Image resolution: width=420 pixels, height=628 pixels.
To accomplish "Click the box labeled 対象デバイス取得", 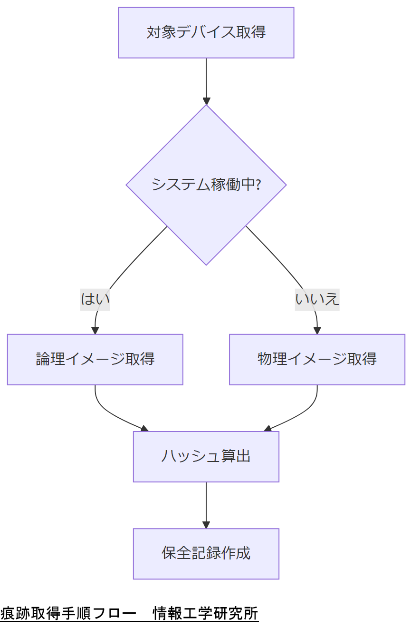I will (x=206, y=33).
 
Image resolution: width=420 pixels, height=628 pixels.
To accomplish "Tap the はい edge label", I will (x=95, y=299).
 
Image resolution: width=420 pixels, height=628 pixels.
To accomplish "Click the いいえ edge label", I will (x=317, y=299).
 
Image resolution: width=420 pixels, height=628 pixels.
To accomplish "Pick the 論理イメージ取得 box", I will (x=95, y=359).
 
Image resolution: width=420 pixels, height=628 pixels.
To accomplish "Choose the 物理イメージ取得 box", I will (x=317, y=359).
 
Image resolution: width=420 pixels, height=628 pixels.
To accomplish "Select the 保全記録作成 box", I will (x=206, y=553).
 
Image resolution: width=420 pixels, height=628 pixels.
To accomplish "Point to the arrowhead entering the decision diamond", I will (x=206, y=101).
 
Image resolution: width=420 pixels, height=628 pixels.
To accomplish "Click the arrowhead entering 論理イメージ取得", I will (x=95, y=331).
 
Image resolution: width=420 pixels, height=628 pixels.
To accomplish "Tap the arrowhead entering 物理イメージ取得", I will (x=317, y=331).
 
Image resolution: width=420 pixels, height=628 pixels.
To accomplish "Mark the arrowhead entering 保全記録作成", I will (x=206, y=525).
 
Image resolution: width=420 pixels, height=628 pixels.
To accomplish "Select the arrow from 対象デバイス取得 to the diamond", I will (x=206, y=78).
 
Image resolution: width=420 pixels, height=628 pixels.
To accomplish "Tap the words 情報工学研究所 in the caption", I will (x=205, y=614).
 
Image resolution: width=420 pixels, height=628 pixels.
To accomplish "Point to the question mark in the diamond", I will (x=258, y=184).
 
